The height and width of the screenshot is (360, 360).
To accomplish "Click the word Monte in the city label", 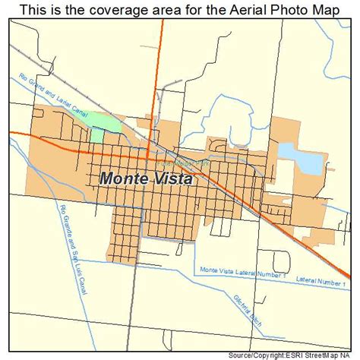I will [123, 179].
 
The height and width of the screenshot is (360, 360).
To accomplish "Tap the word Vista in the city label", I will [172, 179].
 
